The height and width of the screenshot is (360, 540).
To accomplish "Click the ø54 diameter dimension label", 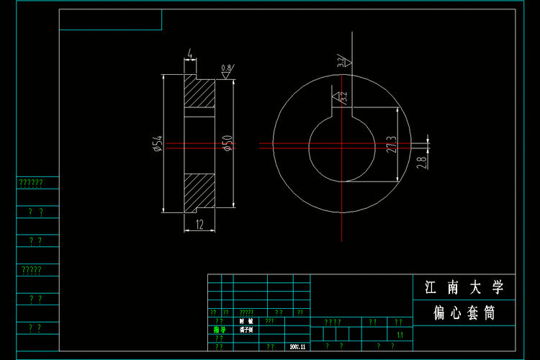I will click(x=156, y=144).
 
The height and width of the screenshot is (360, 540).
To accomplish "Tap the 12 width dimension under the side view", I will click(x=199, y=224).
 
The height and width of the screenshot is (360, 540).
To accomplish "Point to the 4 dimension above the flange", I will click(x=189, y=54).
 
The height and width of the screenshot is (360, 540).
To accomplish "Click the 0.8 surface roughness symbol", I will click(x=226, y=70).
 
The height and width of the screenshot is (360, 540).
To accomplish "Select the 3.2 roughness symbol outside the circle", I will click(x=343, y=62).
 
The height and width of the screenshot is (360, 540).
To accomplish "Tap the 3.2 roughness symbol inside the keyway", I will click(x=338, y=95).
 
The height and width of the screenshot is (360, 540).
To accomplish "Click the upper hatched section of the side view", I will click(x=200, y=93).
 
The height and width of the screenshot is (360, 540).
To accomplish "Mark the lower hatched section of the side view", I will click(x=200, y=191).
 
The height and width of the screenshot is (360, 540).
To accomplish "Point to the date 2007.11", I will click(x=297, y=346).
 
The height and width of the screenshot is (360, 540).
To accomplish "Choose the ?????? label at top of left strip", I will click(x=31, y=183).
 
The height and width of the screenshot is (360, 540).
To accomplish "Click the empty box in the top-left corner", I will click(x=110, y=20).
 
